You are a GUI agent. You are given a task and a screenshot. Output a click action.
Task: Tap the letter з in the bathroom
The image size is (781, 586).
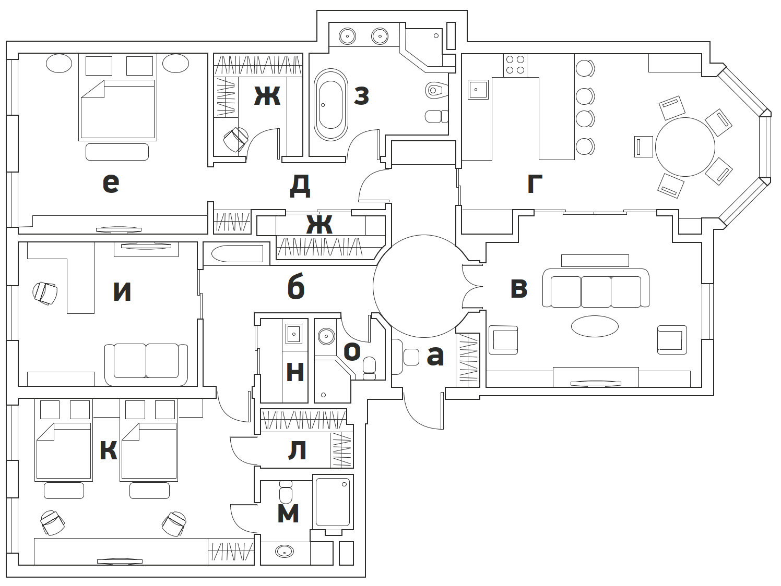361,95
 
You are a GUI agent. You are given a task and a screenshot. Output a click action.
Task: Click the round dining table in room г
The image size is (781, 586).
685,147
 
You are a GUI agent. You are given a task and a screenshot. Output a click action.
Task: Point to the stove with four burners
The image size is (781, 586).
515,65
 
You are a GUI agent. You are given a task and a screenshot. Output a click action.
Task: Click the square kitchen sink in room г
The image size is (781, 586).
478,90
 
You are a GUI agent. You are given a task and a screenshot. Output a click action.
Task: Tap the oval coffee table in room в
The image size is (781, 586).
595,327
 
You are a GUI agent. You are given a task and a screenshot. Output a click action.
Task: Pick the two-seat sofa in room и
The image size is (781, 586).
146,361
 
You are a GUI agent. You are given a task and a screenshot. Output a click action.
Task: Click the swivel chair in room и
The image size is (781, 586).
45,293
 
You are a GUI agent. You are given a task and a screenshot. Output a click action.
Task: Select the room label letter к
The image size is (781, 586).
108,450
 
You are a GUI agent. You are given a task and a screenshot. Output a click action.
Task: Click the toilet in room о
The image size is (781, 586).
369,367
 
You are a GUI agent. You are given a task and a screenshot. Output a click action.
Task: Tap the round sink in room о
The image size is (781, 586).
327,335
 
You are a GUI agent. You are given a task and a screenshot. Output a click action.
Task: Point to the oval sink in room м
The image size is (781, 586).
285,551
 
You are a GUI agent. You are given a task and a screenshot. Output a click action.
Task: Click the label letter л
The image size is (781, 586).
297,451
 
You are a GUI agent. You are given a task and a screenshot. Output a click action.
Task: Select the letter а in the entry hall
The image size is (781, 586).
435,356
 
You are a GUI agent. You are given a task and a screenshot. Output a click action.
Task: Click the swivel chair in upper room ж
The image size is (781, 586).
235,139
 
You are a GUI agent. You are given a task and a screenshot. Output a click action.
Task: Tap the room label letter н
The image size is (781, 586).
295,372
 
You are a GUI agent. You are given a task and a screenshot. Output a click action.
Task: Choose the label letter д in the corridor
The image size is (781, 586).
300,186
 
